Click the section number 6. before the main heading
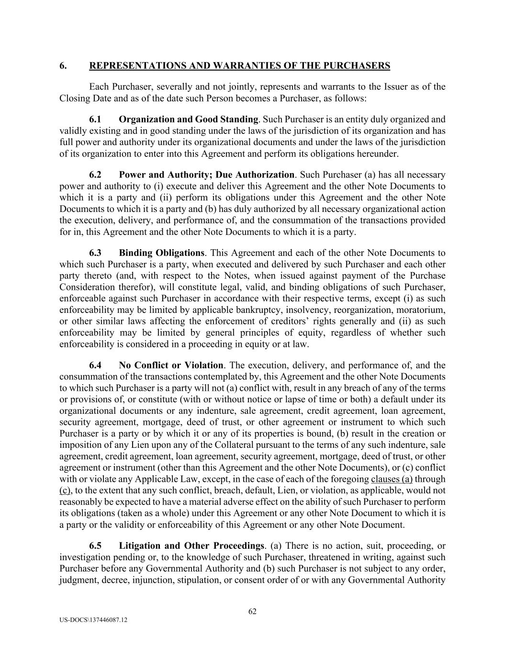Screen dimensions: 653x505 pyautogui.click(x=63, y=66)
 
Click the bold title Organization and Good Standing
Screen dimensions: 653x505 pyautogui.click(x=188, y=119)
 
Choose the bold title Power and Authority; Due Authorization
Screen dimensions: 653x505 pyautogui.click(x=206, y=175)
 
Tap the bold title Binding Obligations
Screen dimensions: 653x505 pyautogui.click(x=161, y=253)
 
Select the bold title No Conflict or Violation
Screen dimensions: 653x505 pyautogui.click(x=171, y=365)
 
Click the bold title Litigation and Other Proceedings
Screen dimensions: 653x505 pyautogui.click(x=191, y=546)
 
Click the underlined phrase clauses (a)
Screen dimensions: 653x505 pyautogui.click(x=392, y=479)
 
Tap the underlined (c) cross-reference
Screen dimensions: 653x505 pyautogui.click(x=65, y=490)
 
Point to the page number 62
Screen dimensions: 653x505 pyautogui.click(x=252, y=611)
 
